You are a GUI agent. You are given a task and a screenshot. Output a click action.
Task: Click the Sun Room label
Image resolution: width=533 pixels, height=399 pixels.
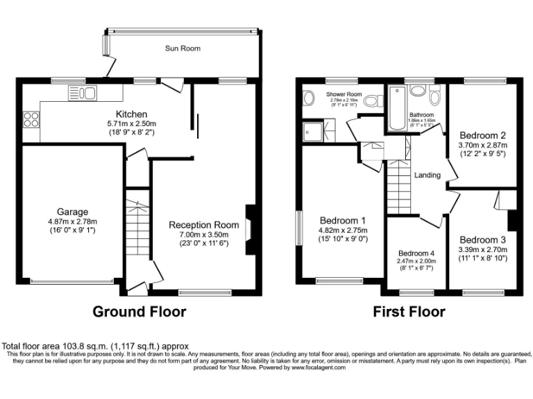183,48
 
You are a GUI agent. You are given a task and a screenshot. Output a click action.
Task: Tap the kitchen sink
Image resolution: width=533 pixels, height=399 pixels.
83,93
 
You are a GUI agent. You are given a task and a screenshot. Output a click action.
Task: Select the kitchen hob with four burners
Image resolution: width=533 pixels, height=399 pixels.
31,120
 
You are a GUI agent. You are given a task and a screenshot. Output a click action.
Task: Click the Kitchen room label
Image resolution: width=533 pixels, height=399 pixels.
131,114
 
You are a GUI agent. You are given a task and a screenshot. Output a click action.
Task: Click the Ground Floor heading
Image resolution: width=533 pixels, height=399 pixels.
139,312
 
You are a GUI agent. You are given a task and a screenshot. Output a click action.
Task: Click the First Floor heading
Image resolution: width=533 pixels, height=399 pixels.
409,312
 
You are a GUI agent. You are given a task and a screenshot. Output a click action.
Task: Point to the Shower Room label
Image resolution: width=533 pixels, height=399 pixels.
344,95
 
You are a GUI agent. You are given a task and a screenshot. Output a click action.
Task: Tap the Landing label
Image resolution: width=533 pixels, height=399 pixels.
428,175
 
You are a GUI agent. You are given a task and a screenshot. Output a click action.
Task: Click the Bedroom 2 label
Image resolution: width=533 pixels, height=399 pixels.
483,136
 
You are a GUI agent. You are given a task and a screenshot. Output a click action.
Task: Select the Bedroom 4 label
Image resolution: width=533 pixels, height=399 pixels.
417,253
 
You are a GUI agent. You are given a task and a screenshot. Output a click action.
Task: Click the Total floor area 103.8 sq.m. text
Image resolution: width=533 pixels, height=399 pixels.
95,346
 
